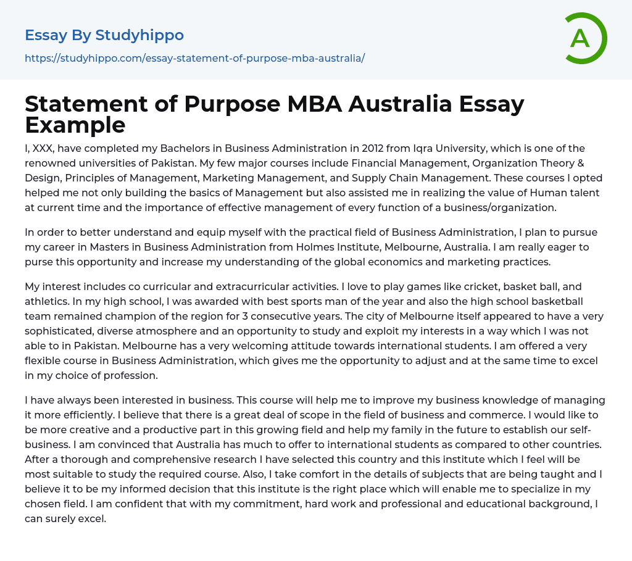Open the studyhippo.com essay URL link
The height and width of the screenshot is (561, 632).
194,58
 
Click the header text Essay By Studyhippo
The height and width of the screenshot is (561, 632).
104,35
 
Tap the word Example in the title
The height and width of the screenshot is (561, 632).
75,125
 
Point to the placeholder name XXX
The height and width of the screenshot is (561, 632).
44,149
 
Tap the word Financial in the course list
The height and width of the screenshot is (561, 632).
375,164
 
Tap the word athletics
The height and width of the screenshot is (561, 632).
49,302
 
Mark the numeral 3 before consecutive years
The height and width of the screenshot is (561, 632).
239,317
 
